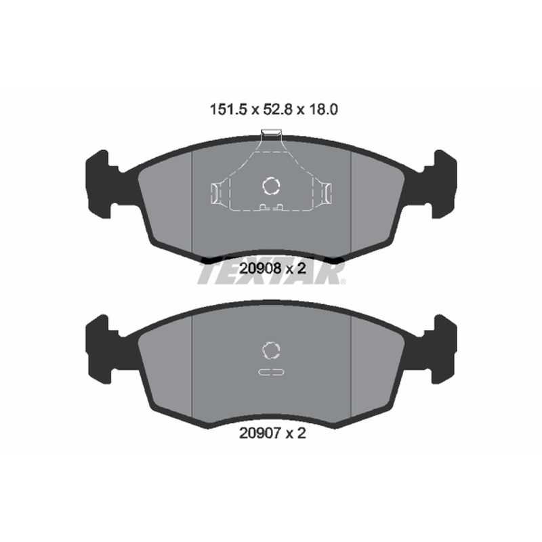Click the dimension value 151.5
pos(228,110)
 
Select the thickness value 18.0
pos(323,110)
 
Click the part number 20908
pos(261,268)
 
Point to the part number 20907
pos(261,433)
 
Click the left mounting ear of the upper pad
pos(101,184)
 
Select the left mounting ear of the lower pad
pos(101,349)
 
